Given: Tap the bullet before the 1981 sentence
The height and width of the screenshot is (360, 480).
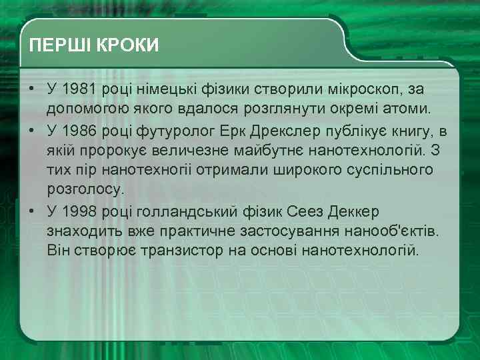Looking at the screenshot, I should click(31, 89).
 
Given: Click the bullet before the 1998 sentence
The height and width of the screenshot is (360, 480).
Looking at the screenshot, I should click(31, 211).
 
